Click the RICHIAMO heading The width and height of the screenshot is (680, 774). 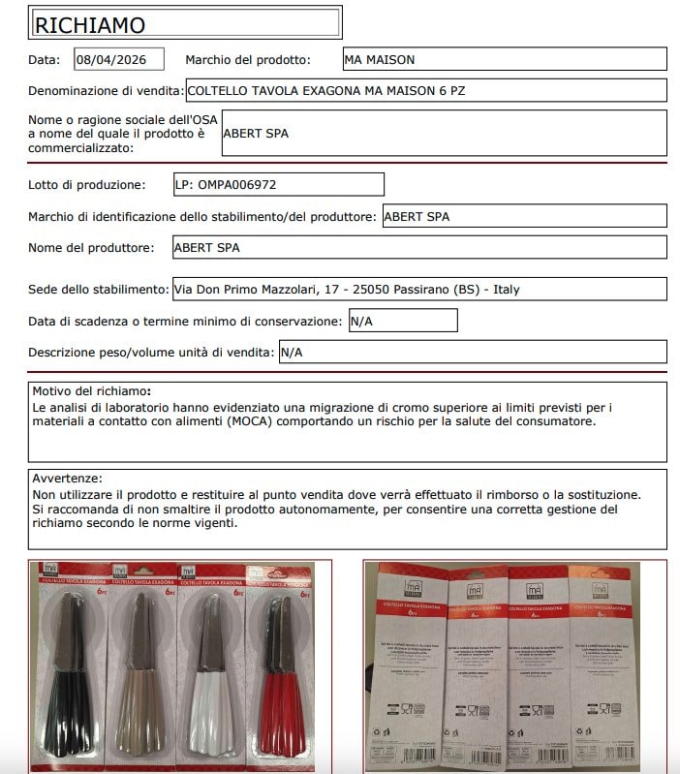(x=90, y=24)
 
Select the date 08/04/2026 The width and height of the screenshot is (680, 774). (x=118, y=59)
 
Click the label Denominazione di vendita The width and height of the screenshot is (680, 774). (x=107, y=90)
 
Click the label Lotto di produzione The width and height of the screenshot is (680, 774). (x=87, y=184)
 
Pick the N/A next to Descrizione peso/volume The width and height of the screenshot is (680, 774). (x=292, y=353)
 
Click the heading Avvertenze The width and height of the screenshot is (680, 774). (x=67, y=479)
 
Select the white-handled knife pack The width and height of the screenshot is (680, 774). (x=215, y=668)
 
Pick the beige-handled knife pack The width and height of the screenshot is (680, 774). (x=141, y=668)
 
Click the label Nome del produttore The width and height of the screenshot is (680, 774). (x=91, y=247)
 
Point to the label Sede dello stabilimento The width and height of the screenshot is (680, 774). (x=99, y=290)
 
